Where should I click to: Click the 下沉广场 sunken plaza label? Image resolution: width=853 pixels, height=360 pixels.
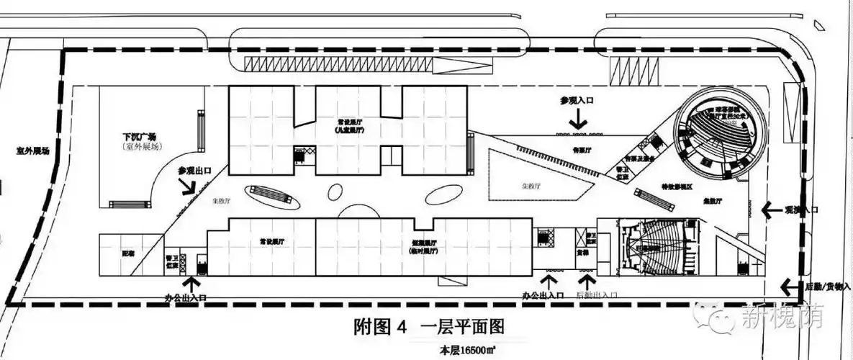click(139, 136)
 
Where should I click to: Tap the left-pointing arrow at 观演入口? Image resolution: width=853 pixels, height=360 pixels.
click(769, 209)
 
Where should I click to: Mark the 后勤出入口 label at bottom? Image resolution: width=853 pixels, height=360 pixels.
click(597, 295)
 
